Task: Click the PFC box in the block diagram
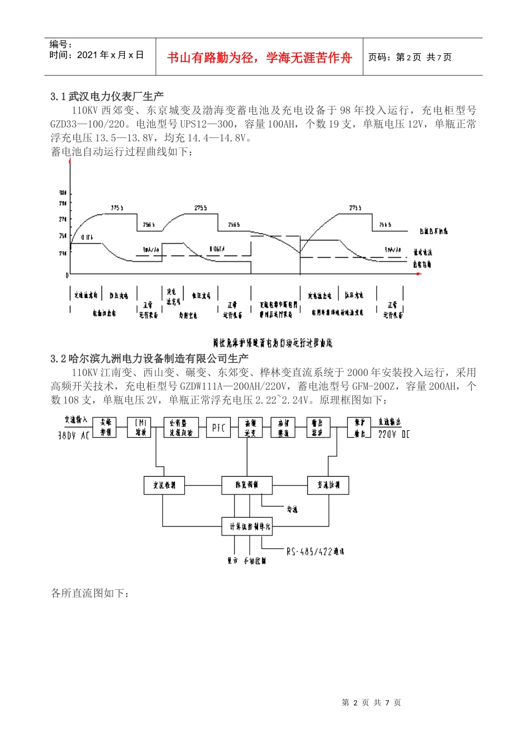pyautogui.click(x=219, y=427)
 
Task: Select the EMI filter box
pyautogui.click(x=140, y=427)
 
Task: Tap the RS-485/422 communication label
pyautogui.click(x=315, y=552)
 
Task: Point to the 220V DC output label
pyautogui.click(x=394, y=434)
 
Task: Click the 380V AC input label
pyautogui.click(x=74, y=436)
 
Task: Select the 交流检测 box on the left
pyautogui.click(x=164, y=485)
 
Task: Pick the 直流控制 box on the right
pyautogui.click(x=328, y=485)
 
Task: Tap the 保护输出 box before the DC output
pyautogui.click(x=359, y=427)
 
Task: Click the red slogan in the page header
pyautogui.click(x=260, y=58)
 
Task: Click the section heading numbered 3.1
pyautogui.click(x=107, y=96)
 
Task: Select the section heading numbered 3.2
pyautogui.click(x=149, y=359)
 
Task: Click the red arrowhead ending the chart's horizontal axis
pyautogui.click(x=419, y=274)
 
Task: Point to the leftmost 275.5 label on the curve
pyautogui.click(x=117, y=208)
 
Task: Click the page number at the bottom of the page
pyautogui.click(x=371, y=702)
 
